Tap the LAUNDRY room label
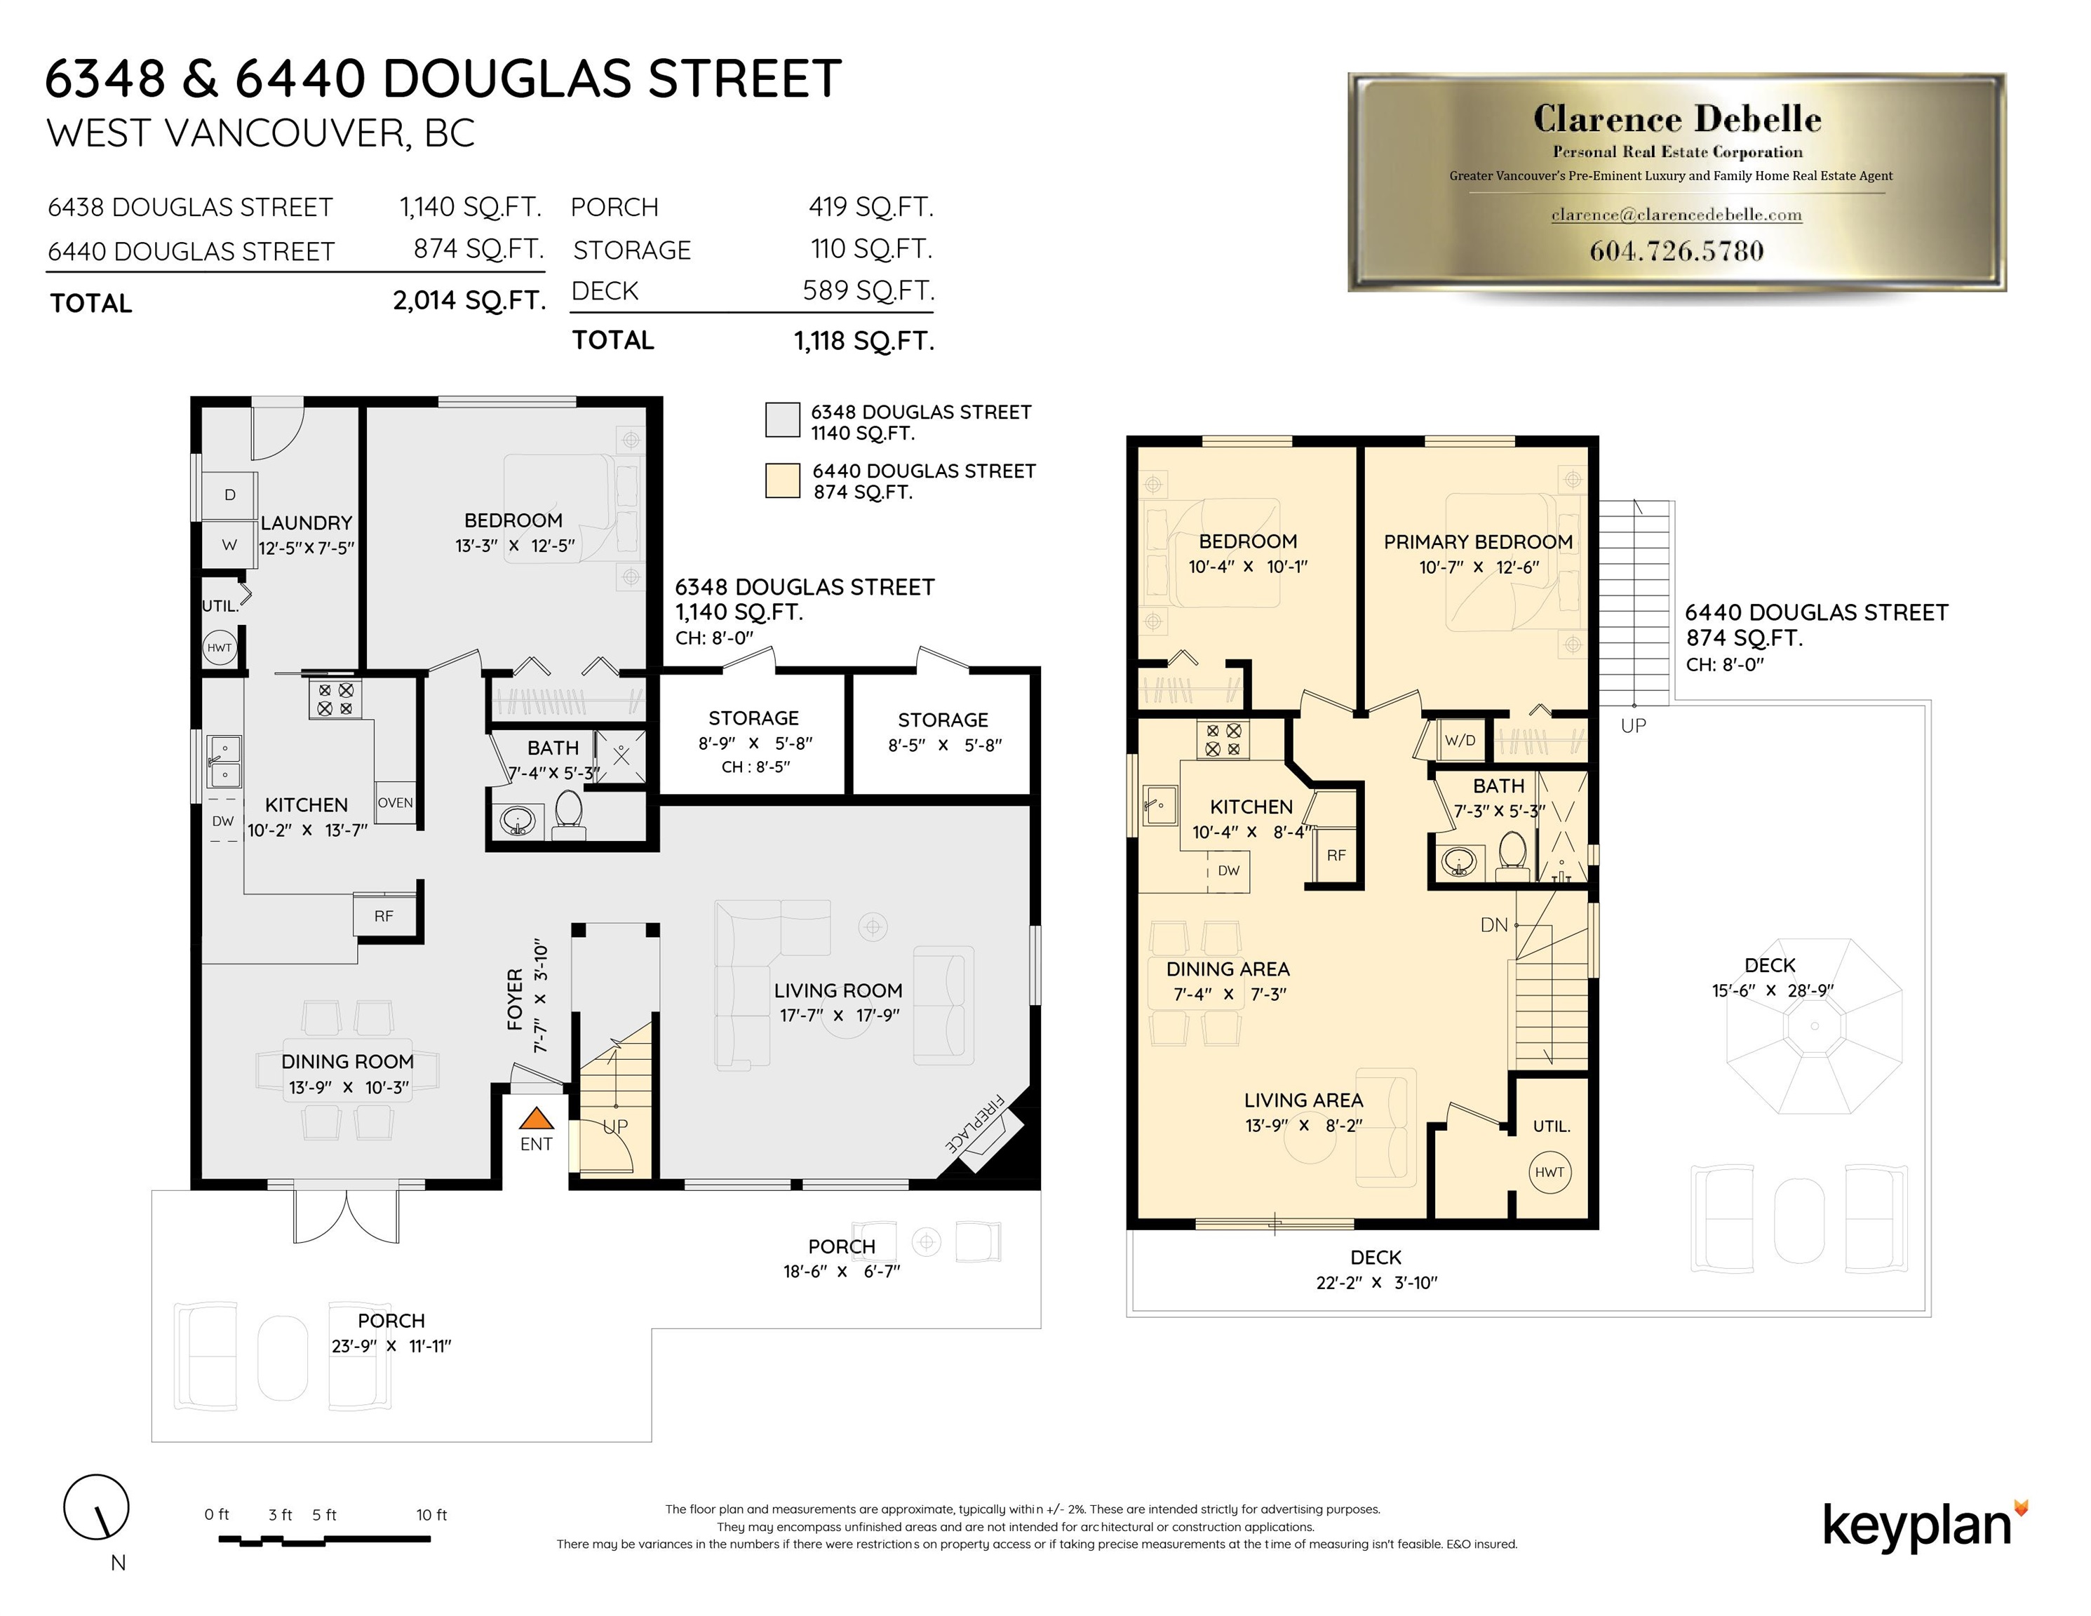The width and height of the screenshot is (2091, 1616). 307,523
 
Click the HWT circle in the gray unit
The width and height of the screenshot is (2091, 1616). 220,647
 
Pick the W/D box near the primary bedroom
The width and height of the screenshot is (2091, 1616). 1459,740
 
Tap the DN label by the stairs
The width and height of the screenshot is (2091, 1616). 1493,925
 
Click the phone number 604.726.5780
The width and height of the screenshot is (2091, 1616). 1676,251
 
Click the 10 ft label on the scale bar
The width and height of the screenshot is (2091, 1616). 432,1514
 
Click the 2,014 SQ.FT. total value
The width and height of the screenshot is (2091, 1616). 469,301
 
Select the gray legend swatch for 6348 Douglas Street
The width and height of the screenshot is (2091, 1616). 782,420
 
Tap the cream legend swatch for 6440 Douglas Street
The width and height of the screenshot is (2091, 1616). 782,480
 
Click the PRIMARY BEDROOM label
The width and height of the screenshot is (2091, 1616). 1478,542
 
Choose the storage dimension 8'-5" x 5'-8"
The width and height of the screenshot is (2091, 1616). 944,745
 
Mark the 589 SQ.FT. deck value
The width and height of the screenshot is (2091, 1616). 868,290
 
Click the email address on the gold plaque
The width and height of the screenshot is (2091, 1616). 1676,215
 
